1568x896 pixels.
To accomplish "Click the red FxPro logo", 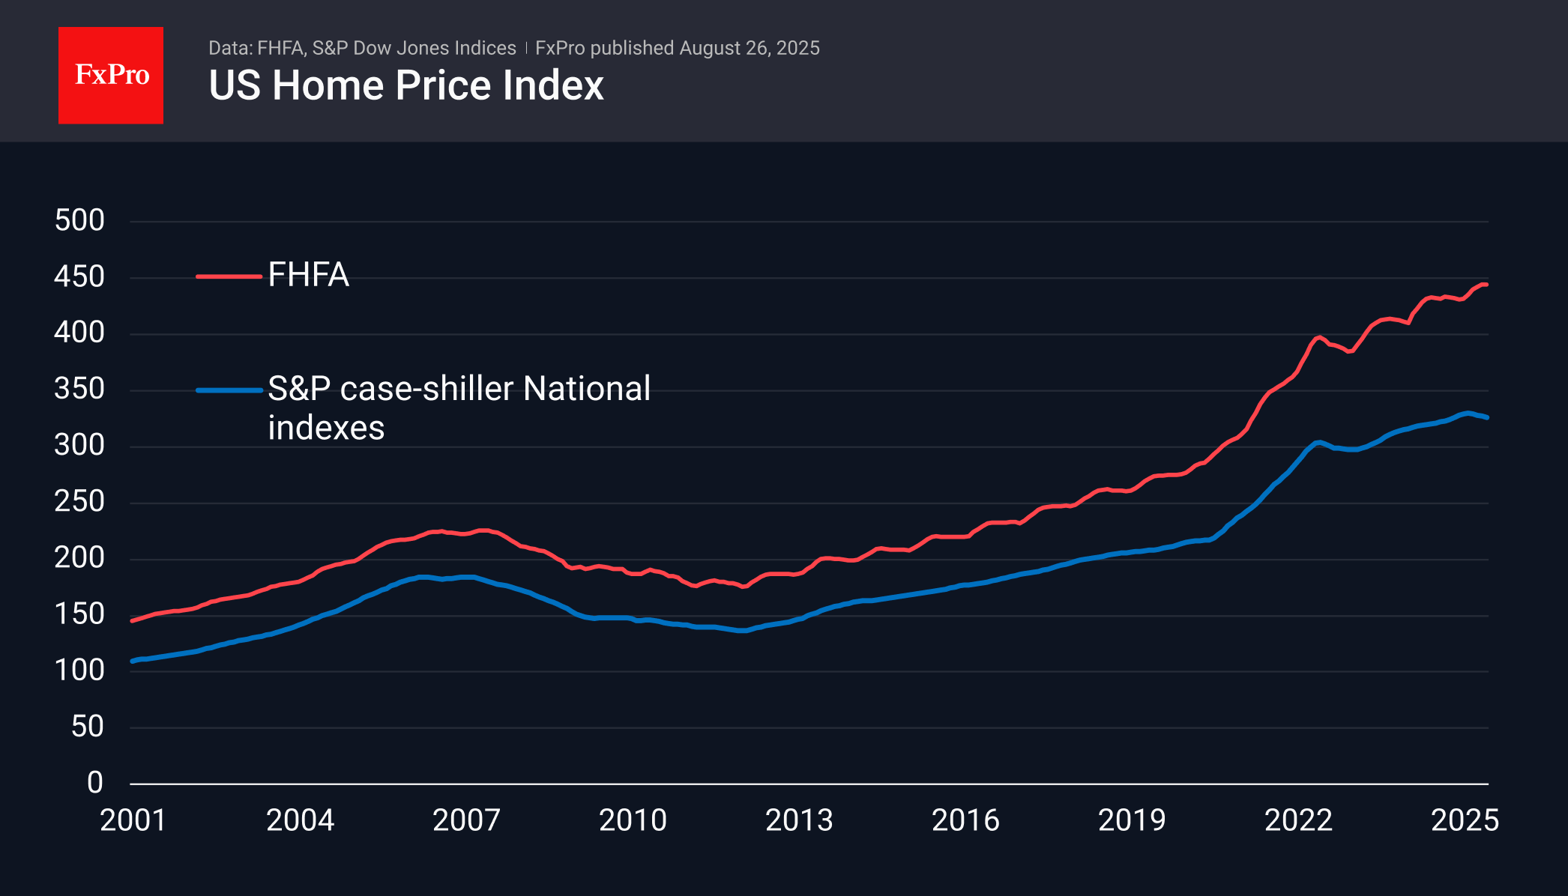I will pyautogui.click(x=111, y=75).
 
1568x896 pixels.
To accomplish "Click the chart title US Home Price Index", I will pyautogui.click(x=405, y=85).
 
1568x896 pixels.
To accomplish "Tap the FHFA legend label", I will pyautogui.click(x=308, y=275).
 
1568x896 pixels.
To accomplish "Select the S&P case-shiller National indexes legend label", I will pyautogui.click(x=459, y=408).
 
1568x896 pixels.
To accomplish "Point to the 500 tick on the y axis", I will pyautogui.click(x=79, y=220).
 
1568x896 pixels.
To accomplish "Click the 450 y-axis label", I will pyautogui.click(x=79, y=276).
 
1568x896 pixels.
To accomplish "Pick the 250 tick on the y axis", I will pyautogui.click(x=79, y=501).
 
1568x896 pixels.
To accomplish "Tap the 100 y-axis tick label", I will pyautogui.click(x=79, y=670).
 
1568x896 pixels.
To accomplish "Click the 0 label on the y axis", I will pyautogui.click(x=94, y=782).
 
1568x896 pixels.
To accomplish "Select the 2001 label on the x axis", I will pyautogui.click(x=133, y=820).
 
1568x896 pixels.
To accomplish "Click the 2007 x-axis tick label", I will pyautogui.click(x=466, y=820).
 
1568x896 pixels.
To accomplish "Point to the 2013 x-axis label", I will pyautogui.click(x=799, y=820).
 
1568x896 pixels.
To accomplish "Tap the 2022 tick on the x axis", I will pyautogui.click(x=1298, y=820).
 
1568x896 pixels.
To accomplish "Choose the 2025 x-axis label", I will pyautogui.click(x=1465, y=820).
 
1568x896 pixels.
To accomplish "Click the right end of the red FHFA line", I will pyautogui.click(x=1486, y=285).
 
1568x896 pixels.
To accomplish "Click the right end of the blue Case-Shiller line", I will pyautogui.click(x=1487, y=417).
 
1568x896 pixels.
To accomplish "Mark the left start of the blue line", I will pyautogui.click(x=133, y=661).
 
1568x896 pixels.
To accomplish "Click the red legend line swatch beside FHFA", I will pyautogui.click(x=229, y=276).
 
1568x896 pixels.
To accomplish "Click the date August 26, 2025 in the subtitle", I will pyautogui.click(x=750, y=48).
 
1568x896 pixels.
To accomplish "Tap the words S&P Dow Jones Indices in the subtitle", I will pyautogui.click(x=414, y=48).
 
